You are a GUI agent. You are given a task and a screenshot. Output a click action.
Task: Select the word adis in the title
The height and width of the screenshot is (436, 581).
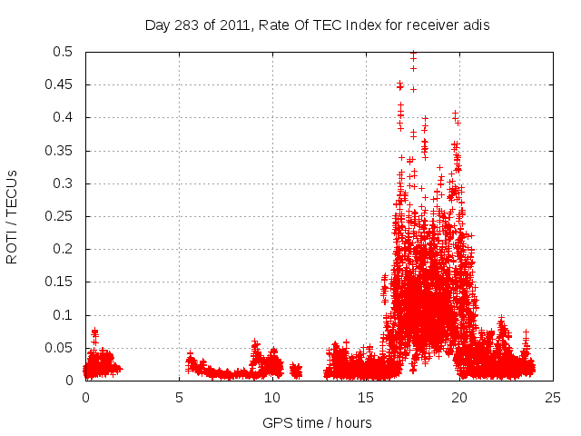(476, 25)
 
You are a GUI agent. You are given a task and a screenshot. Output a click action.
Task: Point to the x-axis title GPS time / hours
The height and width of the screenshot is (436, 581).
(317, 422)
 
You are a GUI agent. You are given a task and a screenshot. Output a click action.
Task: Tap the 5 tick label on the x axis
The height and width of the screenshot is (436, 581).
(179, 397)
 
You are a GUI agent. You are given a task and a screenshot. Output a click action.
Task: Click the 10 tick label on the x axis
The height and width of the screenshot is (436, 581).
(272, 397)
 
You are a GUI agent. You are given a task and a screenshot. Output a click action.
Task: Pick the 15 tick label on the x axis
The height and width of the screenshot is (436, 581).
(366, 397)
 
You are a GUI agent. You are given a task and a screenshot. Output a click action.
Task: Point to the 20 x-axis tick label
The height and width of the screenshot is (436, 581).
(459, 397)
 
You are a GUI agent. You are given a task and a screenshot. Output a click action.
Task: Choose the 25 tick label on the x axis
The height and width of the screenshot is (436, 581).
(553, 397)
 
